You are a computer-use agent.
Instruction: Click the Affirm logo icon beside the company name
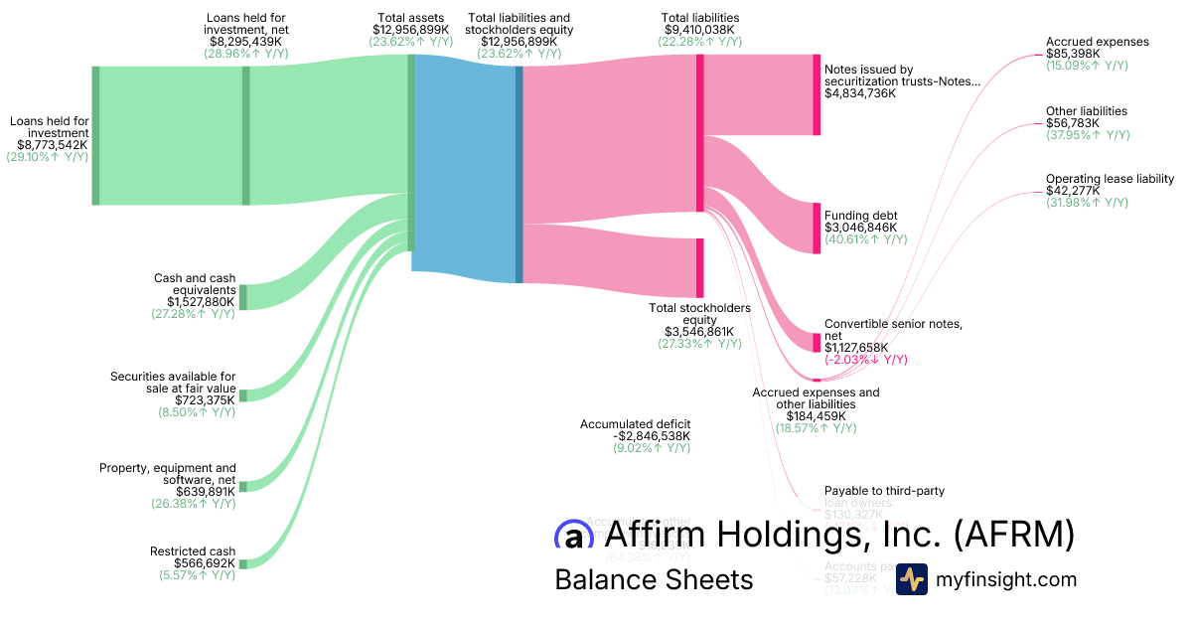click(573, 536)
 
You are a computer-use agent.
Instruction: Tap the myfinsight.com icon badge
click(911, 579)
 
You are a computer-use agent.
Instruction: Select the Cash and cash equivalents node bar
click(243, 296)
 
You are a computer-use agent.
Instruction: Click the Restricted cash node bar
click(243, 563)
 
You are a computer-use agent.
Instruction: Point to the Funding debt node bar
click(817, 229)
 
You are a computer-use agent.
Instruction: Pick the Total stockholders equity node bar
click(699, 267)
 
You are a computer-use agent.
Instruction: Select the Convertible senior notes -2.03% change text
click(866, 360)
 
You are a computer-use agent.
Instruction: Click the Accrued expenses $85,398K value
click(1074, 54)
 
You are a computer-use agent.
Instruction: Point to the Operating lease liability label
click(1110, 179)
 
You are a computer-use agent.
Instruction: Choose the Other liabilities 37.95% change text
click(1087, 135)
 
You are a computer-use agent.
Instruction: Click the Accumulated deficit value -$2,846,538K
click(652, 436)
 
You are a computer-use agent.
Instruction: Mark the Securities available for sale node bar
click(243, 395)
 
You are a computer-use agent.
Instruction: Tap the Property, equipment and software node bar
click(243, 486)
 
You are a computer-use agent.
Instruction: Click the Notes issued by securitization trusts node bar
click(817, 94)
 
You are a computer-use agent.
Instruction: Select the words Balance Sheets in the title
click(654, 579)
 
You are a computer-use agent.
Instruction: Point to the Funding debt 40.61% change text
click(865, 239)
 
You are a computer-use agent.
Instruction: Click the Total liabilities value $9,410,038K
click(701, 30)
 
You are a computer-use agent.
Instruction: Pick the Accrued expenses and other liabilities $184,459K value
click(817, 416)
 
